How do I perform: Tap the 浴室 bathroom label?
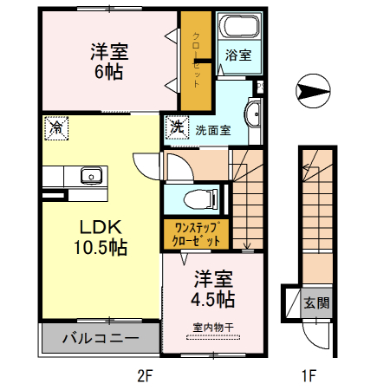click(x=238, y=55)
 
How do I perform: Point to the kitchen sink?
click(x=91, y=175)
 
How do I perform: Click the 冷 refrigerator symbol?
click(x=55, y=127)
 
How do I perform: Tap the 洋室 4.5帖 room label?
click(x=213, y=289)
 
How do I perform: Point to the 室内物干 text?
click(x=213, y=327)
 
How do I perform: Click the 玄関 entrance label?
click(x=316, y=303)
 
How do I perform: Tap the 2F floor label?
click(x=144, y=376)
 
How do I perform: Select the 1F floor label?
click(x=308, y=376)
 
